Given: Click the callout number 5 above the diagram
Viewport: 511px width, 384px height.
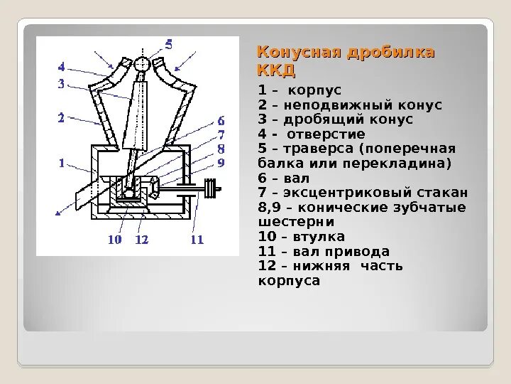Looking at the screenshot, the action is [x=168, y=44].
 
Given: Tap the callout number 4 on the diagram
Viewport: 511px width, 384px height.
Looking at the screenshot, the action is [x=62, y=68].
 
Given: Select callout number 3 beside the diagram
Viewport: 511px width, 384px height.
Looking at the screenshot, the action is [x=62, y=84].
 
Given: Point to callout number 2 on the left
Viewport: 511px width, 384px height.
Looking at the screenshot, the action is [x=62, y=118].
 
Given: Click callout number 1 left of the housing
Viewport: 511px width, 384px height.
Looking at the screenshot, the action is [x=62, y=163].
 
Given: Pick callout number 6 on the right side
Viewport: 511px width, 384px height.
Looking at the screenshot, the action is [x=221, y=120].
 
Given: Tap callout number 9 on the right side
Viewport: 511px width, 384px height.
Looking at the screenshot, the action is [x=221, y=163].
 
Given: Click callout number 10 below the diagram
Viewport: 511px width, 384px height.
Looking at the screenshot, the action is [x=115, y=240].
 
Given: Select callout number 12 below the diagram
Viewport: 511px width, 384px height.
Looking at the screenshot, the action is [x=141, y=240].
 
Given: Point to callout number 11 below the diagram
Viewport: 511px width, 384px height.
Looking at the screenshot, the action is [x=197, y=240].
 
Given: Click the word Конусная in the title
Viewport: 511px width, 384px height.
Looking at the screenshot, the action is [x=292, y=53].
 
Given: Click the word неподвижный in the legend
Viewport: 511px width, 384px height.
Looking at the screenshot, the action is [x=317, y=105].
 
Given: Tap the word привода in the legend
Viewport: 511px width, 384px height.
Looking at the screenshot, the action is [x=361, y=252].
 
